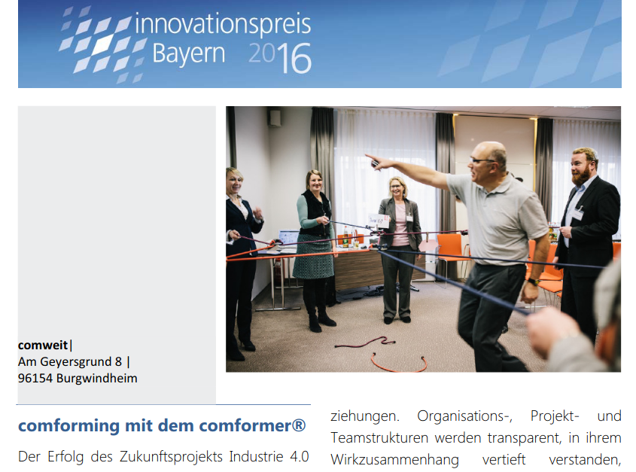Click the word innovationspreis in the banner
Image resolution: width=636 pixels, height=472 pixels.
tap(223, 23)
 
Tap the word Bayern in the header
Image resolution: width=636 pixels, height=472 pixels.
tap(189, 53)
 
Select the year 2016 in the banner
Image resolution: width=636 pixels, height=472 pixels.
tap(279, 58)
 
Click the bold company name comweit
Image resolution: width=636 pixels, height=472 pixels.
tap(43, 345)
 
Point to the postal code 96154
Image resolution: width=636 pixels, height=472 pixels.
tap(35, 378)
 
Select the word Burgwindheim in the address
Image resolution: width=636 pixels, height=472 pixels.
tap(96, 378)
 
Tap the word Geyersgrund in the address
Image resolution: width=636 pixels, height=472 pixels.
tap(76, 361)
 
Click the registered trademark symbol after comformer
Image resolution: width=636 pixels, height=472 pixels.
tap(299, 425)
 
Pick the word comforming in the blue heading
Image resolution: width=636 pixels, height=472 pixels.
tap(68, 426)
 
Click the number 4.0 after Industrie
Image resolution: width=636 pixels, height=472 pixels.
tap(300, 457)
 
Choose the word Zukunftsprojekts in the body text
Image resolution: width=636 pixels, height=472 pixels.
tap(171, 457)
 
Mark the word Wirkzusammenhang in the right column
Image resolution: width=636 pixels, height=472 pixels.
tap(394, 460)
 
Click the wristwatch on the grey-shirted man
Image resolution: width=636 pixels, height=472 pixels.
tap(533, 282)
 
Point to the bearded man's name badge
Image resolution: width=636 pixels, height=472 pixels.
tap(577, 213)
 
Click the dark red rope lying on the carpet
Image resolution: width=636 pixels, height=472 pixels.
tap(365, 343)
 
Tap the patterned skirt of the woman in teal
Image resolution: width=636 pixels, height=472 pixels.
tap(313, 257)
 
